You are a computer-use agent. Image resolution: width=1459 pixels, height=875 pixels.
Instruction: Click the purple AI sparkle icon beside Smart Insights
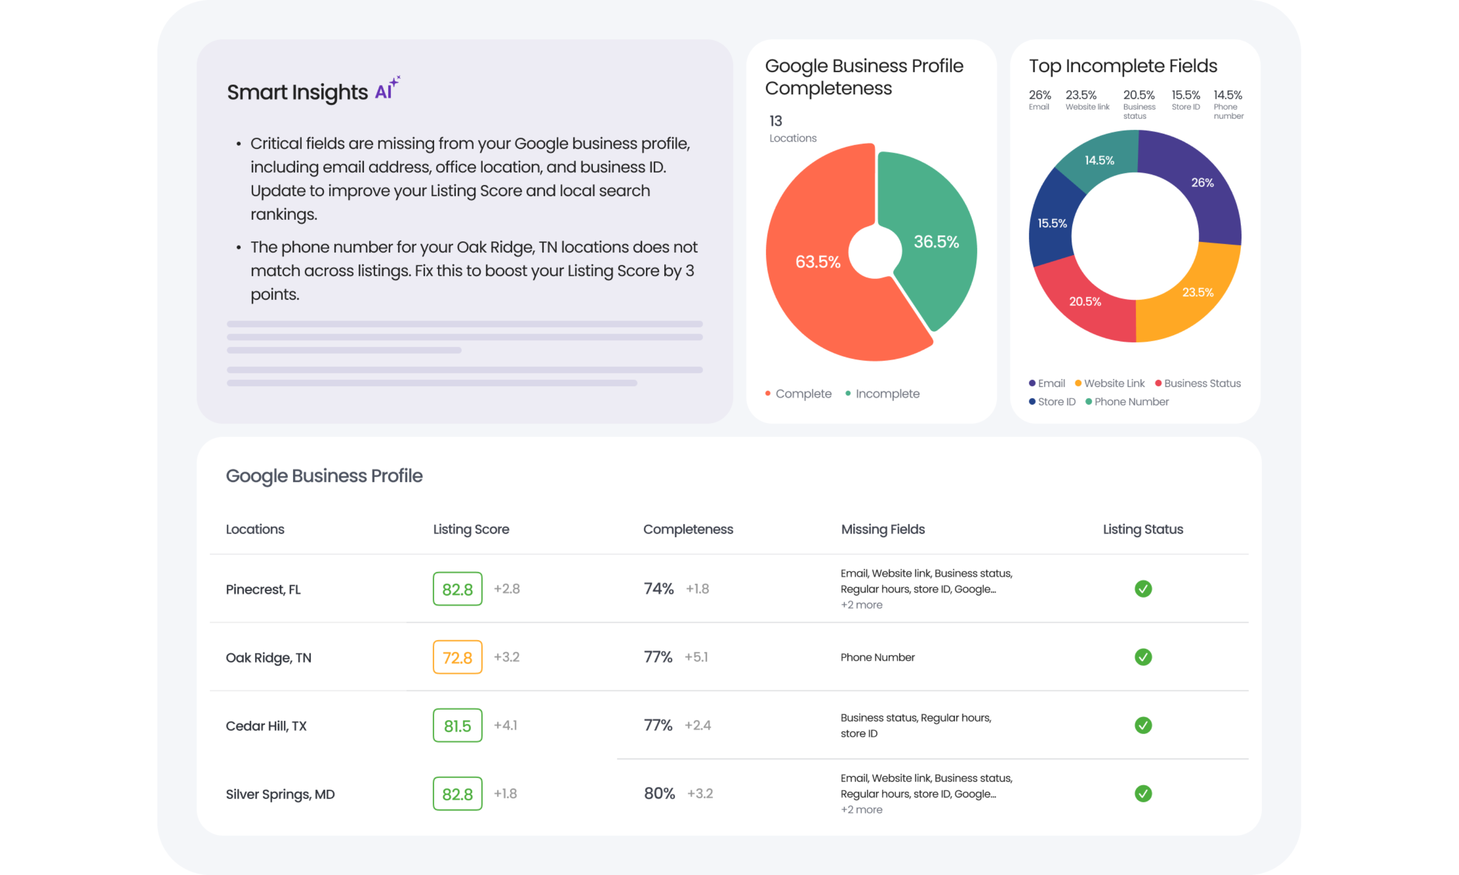pos(388,89)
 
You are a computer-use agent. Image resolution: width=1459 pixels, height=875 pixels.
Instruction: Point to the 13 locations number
pos(775,121)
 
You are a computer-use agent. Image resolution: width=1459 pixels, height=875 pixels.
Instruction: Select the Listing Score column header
pos(471,530)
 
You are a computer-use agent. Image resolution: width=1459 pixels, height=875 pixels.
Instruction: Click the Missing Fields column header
pos(882,530)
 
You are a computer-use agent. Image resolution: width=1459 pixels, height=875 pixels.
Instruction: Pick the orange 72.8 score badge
pos(457,658)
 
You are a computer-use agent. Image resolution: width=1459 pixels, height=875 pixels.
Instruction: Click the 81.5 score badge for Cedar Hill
pos(457,726)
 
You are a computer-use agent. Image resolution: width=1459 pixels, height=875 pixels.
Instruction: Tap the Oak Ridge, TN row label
pos(268,658)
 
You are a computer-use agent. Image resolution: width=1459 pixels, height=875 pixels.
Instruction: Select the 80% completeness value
pos(659,794)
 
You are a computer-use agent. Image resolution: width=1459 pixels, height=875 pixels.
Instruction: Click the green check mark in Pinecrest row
pos(1142,589)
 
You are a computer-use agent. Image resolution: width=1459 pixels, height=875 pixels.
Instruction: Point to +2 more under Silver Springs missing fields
pos(861,810)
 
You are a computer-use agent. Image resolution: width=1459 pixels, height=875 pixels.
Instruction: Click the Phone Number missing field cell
pos(877,658)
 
